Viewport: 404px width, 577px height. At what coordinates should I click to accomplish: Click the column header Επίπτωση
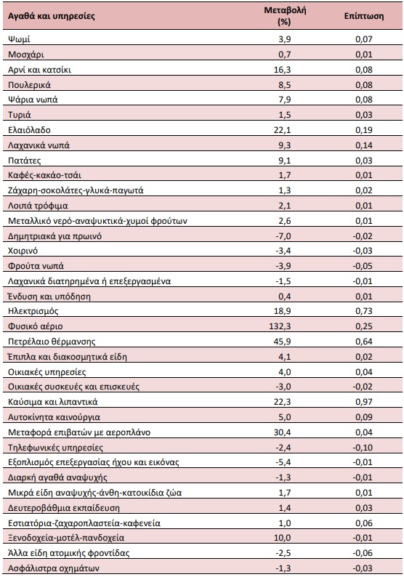[363, 16]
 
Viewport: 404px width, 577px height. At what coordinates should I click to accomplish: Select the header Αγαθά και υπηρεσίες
[52, 16]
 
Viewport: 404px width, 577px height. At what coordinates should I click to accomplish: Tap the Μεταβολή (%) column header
[285, 16]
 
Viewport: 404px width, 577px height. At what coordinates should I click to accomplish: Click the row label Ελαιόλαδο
[29, 130]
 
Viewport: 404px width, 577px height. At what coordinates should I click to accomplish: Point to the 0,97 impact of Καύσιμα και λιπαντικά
[363, 402]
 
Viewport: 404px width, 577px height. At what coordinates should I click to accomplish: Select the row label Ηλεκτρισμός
[33, 311]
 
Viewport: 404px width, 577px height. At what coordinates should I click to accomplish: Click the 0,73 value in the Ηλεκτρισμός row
[363, 311]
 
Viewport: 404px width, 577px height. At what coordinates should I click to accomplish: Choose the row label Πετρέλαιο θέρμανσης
[52, 342]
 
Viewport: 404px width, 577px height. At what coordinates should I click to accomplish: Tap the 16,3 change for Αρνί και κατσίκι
[282, 70]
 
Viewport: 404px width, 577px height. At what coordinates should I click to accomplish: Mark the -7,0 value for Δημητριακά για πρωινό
[283, 236]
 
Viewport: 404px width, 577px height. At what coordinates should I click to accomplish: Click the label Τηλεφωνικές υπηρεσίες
[55, 448]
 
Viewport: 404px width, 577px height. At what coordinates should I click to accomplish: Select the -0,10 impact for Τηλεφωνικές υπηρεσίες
[363, 448]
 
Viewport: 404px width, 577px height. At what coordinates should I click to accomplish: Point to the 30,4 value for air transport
[282, 432]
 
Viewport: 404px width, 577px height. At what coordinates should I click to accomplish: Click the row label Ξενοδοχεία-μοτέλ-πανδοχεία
[66, 538]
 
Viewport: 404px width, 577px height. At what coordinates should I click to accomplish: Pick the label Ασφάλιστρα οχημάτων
[54, 568]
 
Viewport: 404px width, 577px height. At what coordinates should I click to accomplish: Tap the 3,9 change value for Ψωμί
[284, 39]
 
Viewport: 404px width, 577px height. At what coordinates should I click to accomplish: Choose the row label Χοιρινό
[23, 251]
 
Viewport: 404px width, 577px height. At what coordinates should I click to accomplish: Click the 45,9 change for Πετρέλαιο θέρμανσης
[282, 342]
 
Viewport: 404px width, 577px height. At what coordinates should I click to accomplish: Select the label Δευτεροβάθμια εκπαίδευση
[64, 508]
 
